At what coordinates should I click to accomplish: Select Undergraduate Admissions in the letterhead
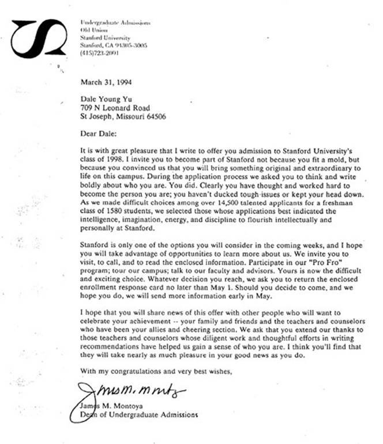click(x=115, y=22)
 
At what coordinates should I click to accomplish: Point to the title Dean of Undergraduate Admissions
click(x=138, y=413)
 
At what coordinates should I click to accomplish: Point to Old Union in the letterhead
click(x=93, y=30)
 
